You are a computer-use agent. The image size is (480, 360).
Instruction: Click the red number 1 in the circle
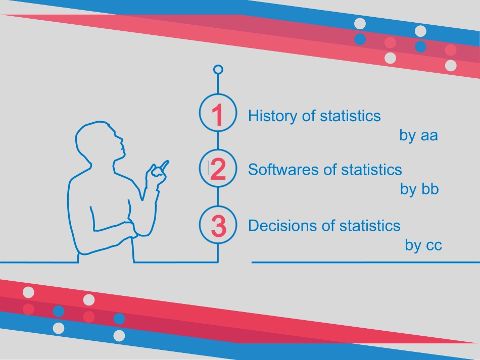coord(218,115)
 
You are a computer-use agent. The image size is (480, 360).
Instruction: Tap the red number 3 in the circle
coord(219,226)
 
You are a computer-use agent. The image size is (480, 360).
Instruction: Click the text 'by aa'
coord(418,136)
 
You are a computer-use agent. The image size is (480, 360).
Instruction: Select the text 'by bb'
coord(419,189)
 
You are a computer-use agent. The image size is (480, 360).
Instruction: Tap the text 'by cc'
coord(423,245)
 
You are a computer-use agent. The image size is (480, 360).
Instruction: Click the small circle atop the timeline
coord(218,70)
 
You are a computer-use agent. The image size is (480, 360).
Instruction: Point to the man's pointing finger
coord(165,166)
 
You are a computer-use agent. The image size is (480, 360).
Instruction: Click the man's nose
coord(122,140)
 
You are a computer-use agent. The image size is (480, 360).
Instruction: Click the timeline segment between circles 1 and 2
coord(218,141)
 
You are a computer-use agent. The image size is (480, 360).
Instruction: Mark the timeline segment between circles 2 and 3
coord(218,197)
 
